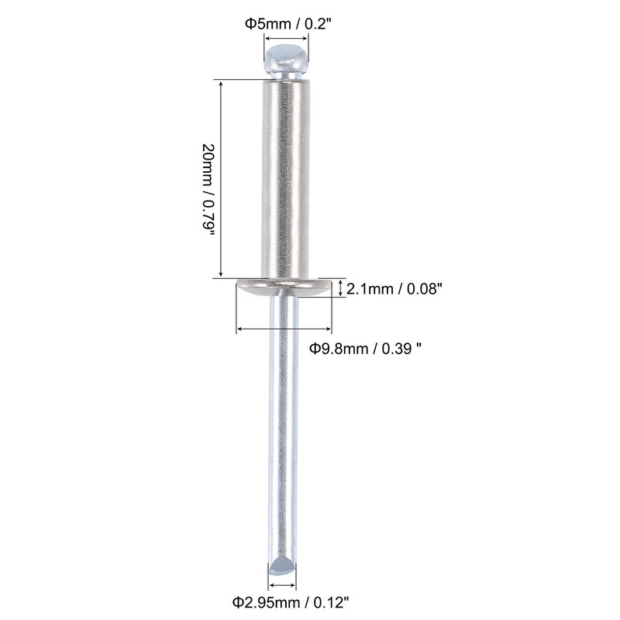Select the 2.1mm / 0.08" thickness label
click(394, 289)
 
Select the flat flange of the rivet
click(284, 288)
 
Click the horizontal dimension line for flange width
click(284, 329)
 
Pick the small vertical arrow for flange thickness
click(340, 288)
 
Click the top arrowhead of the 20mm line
click(222, 82)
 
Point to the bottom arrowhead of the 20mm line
click(222, 274)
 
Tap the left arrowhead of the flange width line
click(239, 329)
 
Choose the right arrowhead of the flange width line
click(329, 329)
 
